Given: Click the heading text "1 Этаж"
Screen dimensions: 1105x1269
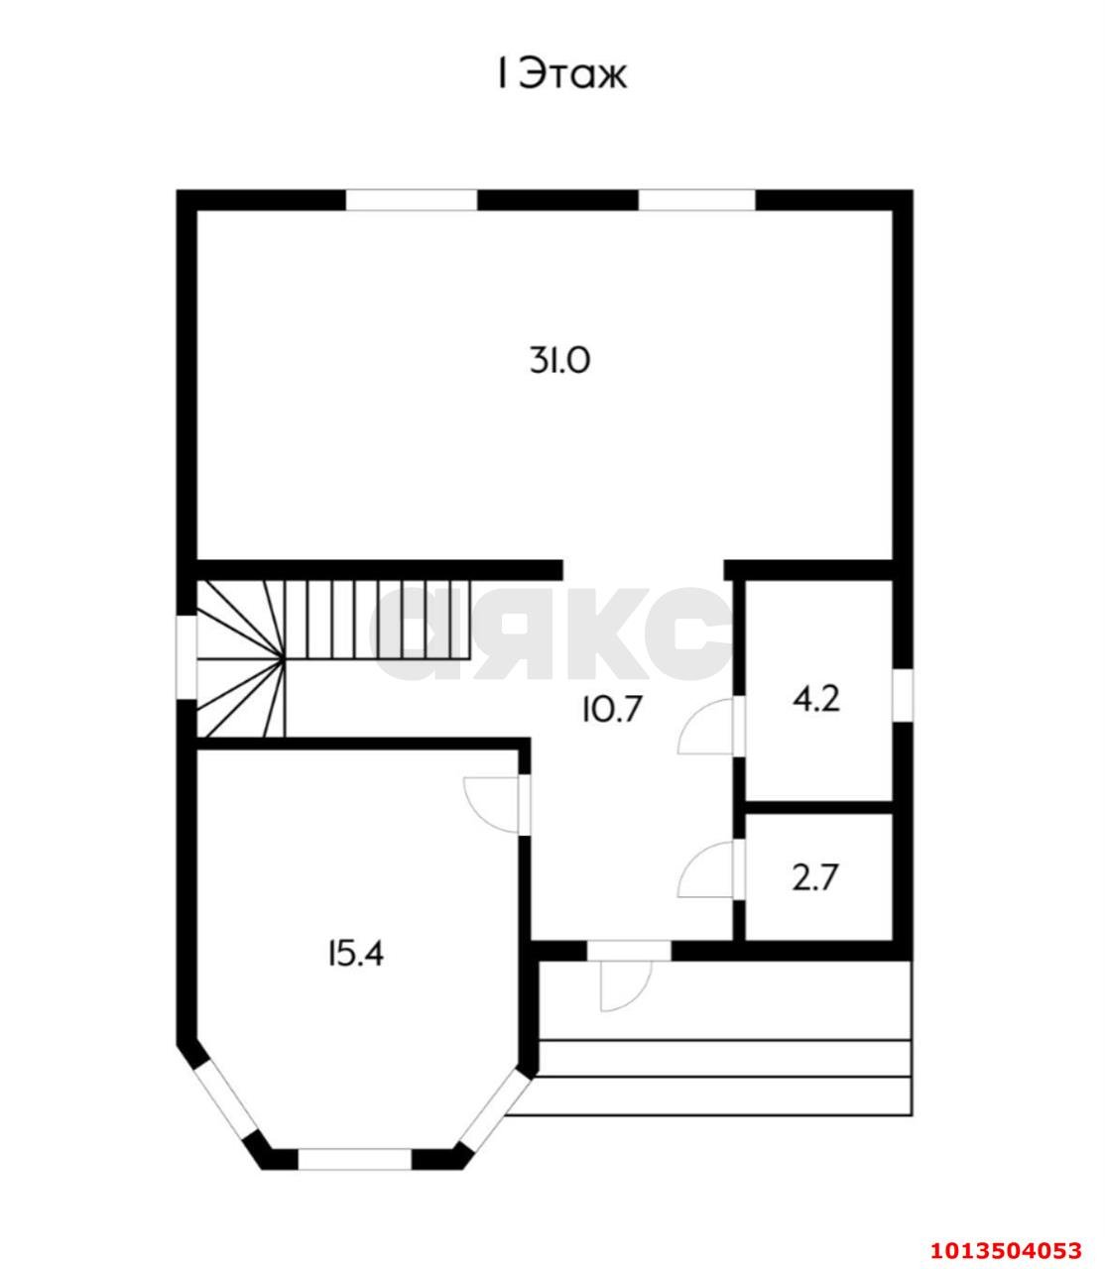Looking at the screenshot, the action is (562, 74).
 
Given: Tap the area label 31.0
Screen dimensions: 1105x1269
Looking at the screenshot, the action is (559, 360).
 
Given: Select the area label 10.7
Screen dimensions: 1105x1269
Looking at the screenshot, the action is (610, 709).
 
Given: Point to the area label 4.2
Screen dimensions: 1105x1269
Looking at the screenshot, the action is (816, 699).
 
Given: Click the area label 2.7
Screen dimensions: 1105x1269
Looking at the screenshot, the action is (815, 878).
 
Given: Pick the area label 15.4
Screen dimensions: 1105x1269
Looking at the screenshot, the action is (356, 954).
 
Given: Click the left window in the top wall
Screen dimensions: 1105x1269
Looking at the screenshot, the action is (412, 200).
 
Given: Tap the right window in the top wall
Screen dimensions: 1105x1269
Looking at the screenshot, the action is (696, 200).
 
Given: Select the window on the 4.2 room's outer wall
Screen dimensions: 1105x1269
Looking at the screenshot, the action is (903, 695).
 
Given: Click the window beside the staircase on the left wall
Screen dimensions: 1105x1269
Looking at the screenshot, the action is (186, 657).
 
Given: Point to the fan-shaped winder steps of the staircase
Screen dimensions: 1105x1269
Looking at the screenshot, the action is (242, 658).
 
